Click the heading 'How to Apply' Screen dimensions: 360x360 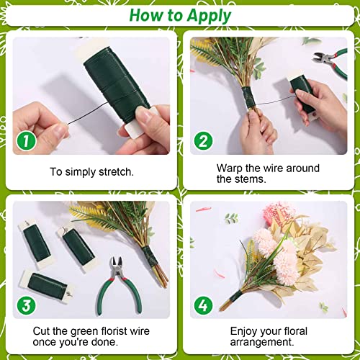(180, 16)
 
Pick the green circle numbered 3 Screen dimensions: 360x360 (27, 304)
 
